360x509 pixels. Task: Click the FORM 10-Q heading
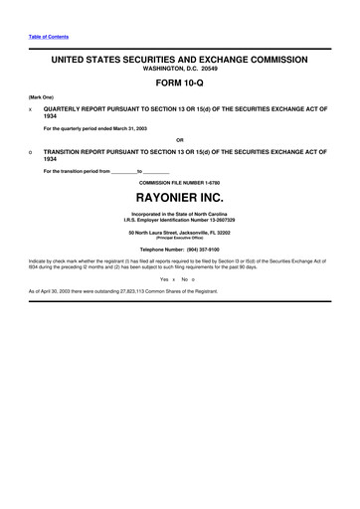pos(179,85)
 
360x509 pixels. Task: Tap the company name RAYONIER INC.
pos(179,198)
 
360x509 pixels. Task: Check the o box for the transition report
pos(31,152)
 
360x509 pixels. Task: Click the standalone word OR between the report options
pos(179,140)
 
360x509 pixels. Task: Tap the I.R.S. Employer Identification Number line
pos(179,223)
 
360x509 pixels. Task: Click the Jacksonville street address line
pos(179,233)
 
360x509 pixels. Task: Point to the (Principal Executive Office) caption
pos(179,239)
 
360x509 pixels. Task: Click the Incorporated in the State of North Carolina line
pos(179,217)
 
